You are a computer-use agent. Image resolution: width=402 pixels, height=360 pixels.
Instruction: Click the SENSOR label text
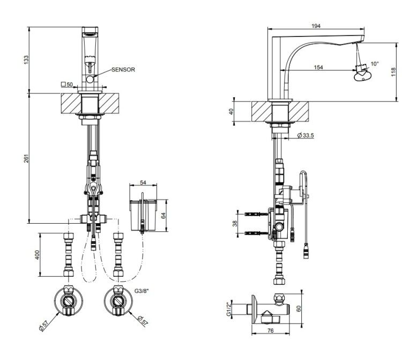point(123,70)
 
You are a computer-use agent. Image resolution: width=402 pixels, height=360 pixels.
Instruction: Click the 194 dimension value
point(316,26)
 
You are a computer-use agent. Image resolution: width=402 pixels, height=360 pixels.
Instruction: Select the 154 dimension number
point(318,67)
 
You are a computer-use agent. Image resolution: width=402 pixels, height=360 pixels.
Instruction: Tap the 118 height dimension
point(394,72)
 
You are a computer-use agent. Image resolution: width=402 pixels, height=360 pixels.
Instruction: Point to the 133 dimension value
point(26,60)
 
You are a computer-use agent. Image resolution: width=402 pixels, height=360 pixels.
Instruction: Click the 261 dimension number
point(26,158)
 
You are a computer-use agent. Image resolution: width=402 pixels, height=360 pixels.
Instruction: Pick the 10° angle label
point(375,64)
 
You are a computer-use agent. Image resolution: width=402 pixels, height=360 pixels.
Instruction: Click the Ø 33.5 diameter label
point(306,135)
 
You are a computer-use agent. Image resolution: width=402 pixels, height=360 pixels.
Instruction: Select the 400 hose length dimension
point(38,255)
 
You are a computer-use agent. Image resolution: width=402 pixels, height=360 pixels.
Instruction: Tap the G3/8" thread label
point(142,291)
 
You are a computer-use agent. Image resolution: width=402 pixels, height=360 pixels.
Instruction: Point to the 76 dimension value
point(271,330)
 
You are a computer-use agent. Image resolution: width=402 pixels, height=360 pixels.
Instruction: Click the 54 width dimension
point(143,182)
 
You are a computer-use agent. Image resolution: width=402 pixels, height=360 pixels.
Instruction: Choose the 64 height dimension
point(163,215)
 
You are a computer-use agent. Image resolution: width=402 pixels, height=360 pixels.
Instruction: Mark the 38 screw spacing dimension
point(235,223)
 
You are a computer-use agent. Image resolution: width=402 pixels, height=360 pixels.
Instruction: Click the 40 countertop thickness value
point(231,112)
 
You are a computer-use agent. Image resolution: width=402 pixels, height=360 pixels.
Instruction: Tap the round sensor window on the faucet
point(90,79)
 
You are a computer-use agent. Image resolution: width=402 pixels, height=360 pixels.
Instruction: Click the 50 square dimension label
point(67,84)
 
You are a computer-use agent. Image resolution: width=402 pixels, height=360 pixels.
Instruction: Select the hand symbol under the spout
point(362,76)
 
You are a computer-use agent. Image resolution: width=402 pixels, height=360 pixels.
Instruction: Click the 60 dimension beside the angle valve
point(299,308)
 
